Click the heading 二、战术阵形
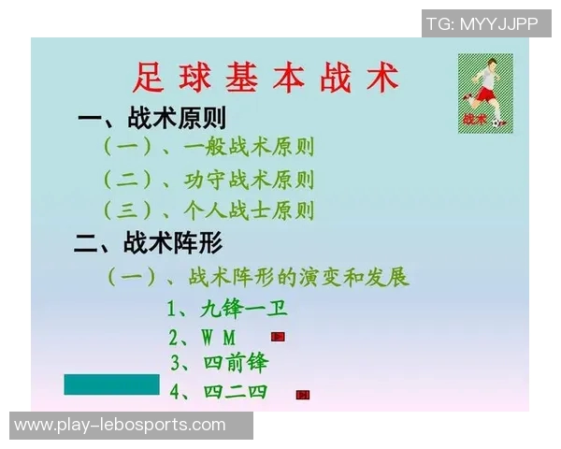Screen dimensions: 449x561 pyautogui.click(x=149, y=244)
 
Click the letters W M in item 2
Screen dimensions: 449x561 pyautogui.click(x=218, y=337)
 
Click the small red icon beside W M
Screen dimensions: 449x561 pyautogui.click(x=278, y=336)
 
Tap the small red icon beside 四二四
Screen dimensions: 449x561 pyautogui.click(x=302, y=395)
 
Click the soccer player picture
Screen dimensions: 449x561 pyautogui.click(x=485, y=93)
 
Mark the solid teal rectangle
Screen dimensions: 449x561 pyautogui.click(x=112, y=384)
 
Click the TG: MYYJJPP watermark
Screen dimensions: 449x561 pyautogui.click(x=482, y=24)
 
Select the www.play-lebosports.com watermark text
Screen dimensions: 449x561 pyautogui.click(x=120, y=426)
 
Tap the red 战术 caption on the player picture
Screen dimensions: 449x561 pyautogui.click(x=474, y=119)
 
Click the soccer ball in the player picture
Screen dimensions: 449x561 pyautogui.click(x=500, y=122)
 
